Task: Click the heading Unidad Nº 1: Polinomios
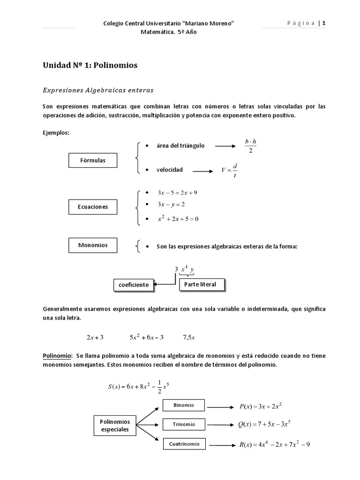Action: tap(90, 66)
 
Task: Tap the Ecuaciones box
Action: tap(93, 206)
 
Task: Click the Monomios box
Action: tap(93, 245)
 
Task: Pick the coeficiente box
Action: tap(134, 285)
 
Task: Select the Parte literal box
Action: tap(201, 285)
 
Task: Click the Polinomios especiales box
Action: tap(114, 426)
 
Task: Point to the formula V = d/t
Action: tap(230, 170)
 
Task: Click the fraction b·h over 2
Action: tap(250, 146)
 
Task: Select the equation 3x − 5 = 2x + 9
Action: tap(178, 193)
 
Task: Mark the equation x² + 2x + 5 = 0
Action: tap(178, 219)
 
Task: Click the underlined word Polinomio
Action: tap(57, 356)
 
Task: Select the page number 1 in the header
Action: tap(323, 24)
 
